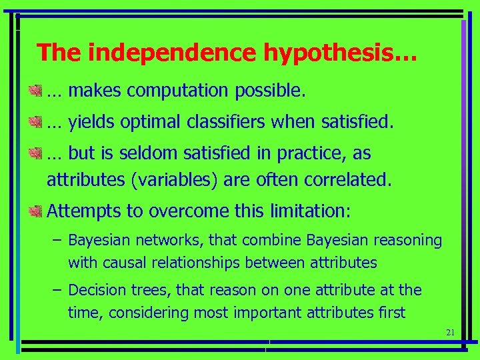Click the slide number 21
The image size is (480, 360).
click(449, 333)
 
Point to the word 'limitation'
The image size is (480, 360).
click(309, 211)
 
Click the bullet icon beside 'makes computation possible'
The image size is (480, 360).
click(36, 89)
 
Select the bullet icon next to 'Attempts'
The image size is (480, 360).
click(36, 211)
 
